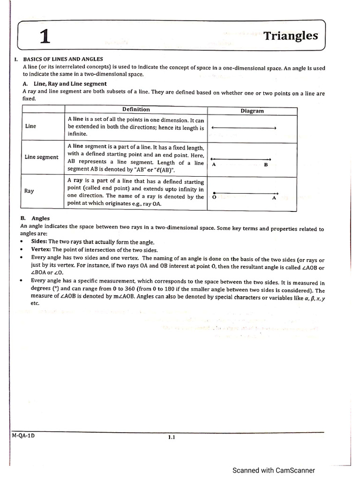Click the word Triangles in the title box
tap(291, 36)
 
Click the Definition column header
tap(136, 109)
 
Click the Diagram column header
tap(252, 111)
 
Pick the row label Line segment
tap(41, 157)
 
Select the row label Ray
tap(29, 191)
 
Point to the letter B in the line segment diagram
tap(266, 165)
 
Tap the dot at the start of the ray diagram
tap(214, 193)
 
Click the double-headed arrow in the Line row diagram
tap(244, 128)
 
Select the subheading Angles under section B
tap(40, 218)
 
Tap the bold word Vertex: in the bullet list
tap(41, 250)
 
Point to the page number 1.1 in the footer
tap(171, 437)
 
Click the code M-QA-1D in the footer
tap(23, 435)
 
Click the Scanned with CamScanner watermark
tap(274, 470)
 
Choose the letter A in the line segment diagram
tap(214, 165)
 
